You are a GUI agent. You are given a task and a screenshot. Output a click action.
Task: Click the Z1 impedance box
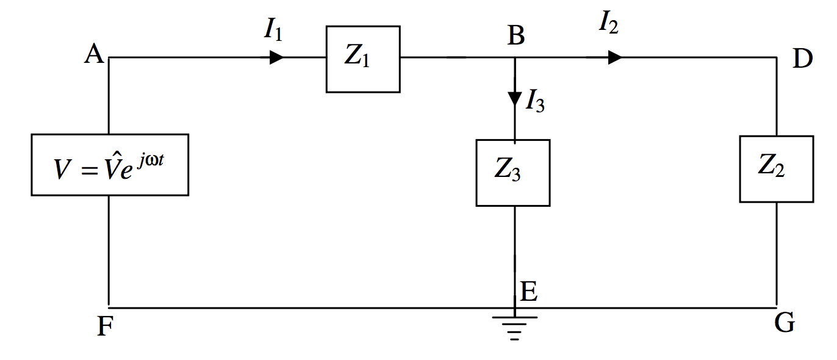(363, 59)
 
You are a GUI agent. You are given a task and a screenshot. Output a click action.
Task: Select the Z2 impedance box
(776, 168)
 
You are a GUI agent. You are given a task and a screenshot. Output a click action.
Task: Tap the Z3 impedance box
(512, 173)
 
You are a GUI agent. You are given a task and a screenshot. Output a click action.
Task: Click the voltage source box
(110, 165)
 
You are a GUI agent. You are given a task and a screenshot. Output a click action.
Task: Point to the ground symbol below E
(515, 326)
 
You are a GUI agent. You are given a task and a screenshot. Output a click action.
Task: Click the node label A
(94, 56)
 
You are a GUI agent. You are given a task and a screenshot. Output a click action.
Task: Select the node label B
(516, 37)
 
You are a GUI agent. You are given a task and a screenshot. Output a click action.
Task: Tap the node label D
(803, 60)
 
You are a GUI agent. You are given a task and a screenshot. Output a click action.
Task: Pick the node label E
(528, 293)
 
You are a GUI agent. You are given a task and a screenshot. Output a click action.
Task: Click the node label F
(105, 328)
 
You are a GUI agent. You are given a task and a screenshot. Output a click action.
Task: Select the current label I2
(609, 23)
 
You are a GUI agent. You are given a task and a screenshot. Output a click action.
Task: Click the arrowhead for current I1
(276, 57)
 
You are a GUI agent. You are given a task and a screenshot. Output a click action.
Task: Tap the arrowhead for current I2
(614, 57)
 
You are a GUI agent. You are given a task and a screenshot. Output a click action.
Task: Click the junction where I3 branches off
(515, 58)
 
